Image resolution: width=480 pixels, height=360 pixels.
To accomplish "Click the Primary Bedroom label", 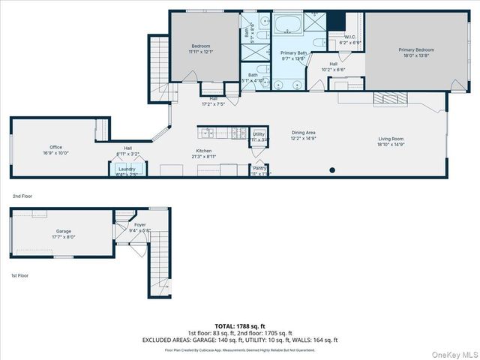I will (x=415, y=50).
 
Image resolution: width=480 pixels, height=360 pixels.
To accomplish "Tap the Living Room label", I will (x=391, y=139).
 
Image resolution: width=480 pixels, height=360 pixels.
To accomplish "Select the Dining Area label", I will (x=282, y=133).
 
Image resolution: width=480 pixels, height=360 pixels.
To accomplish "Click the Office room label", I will (x=55, y=147).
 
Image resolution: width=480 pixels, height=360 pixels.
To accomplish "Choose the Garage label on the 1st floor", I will (x=43, y=232).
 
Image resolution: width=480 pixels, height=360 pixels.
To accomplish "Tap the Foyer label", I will (x=140, y=225).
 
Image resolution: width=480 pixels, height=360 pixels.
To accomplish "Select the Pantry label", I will (x=259, y=169).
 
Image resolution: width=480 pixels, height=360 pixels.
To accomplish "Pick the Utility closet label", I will (x=259, y=134).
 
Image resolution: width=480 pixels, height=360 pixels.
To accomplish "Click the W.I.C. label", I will (x=350, y=37).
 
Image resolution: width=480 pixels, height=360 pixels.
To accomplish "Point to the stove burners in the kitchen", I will (x=238, y=133).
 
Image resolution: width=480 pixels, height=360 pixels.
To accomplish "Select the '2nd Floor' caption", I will (x=22, y=196).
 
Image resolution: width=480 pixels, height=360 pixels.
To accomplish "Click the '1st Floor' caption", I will (x=20, y=275).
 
